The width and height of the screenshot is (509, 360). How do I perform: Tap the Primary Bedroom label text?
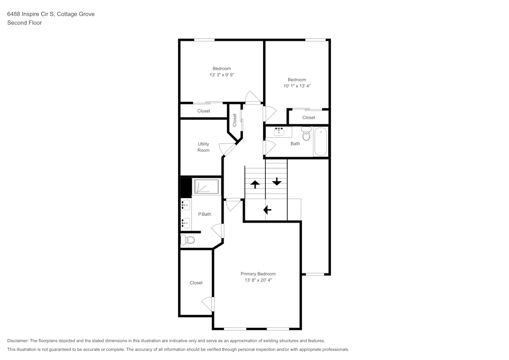pos(258,273)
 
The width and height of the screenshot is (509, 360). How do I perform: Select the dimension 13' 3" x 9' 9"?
pos(221,75)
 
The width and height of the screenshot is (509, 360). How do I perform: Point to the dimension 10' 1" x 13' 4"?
pos(297,86)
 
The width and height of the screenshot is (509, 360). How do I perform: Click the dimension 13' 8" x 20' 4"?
pos(258,280)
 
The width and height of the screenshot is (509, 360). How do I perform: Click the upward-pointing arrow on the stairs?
pos(254,184)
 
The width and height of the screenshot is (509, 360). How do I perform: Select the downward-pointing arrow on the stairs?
pos(276,182)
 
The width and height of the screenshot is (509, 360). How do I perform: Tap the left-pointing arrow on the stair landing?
pos(266,209)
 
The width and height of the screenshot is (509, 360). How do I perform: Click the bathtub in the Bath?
pos(321,142)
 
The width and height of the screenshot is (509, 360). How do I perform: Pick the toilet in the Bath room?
pos(306,134)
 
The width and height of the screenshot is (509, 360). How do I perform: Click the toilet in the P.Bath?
pos(187,240)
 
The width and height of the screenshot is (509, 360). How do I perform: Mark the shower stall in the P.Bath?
pos(206,187)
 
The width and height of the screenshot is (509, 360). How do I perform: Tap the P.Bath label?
pos(205,214)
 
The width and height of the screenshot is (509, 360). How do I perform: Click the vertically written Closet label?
pos(235,120)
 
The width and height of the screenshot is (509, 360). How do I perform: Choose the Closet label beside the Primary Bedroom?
pos(196,283)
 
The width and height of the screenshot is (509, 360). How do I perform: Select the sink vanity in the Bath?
pos(278,132)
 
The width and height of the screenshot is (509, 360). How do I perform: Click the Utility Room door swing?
pos(227,149)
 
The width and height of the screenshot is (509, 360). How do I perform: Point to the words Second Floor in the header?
pos(24,22)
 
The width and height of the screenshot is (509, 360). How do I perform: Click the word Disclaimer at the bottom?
pos(18,341)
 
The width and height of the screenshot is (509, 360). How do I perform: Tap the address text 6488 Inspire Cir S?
pos(30,14)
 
